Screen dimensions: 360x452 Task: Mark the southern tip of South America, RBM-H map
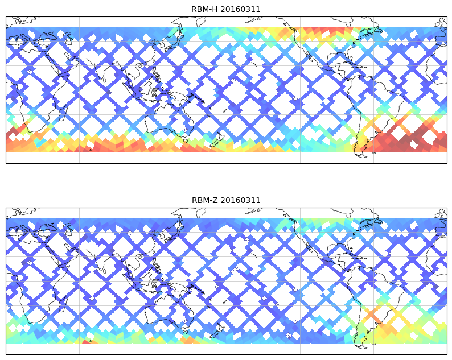tap(360, 154)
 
